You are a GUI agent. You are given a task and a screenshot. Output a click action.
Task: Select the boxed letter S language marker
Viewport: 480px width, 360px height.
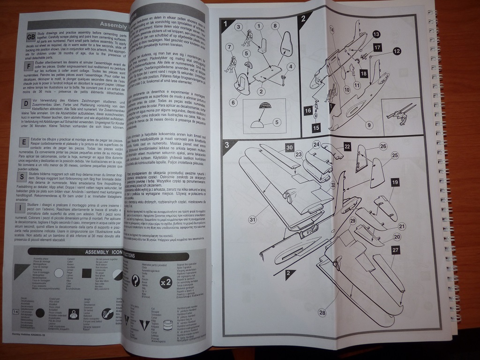pyautogui.click(x=22, y=177)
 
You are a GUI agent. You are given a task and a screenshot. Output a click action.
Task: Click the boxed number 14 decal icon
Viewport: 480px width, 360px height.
pyautogui.click(x=16, y=311)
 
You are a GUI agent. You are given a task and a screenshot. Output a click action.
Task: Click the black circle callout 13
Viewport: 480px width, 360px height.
pyautogui.click(x=376, y=34)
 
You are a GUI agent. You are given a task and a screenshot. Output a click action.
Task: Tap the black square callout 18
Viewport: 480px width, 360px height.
pyautogui.click(x=364, y=73)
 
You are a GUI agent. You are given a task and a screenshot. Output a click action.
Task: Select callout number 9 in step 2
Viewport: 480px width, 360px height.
pyautogui.click(x=369, y=125)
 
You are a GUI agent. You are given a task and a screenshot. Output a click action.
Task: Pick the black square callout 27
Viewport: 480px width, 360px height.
pyautogui.click(x=396, y=251)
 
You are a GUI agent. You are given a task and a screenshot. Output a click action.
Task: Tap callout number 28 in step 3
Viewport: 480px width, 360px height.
pyautogui.click(x=322, y=313)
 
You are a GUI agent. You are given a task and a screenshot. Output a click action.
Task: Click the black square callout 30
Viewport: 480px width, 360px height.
pyautogui.click(x=289, y=147)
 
